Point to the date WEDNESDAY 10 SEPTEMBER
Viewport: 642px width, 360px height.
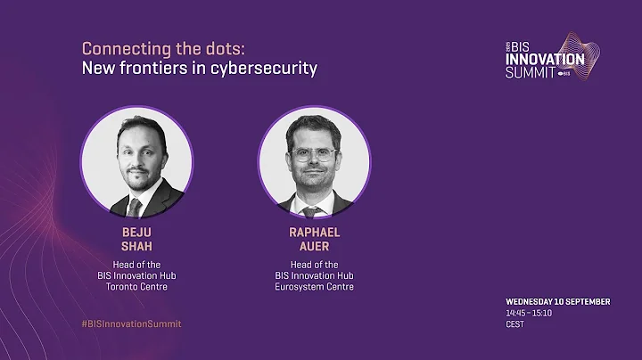pyautogui.click(x=557, y=302)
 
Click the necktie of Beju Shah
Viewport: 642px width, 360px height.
pyautogui.click(x=135, y=207)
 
